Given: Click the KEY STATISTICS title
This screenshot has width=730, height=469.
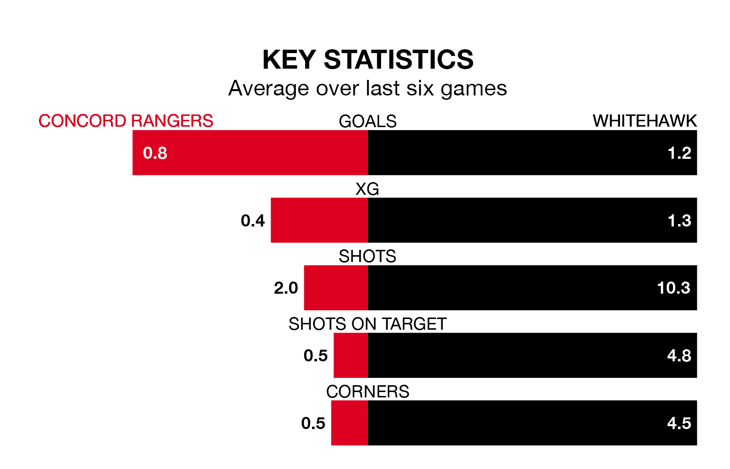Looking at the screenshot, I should pos(367,60).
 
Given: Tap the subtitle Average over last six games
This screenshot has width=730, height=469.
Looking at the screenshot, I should pos(367,89).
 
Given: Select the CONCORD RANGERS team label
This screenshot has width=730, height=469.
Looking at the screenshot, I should pos(126,121).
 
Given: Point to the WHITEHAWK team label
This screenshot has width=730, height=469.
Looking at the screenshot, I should pos(644,121).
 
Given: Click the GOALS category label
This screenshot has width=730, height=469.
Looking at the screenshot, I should pos(367,121).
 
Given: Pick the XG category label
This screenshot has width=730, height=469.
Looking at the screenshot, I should pos(367,189).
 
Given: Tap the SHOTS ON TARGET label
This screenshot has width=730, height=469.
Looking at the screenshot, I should pos(367,324).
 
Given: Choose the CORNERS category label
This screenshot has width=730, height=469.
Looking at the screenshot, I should pos(367,392).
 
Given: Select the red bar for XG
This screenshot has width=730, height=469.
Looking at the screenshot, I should pos(319,220).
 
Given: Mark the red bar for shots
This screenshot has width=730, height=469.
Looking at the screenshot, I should pos(336,288).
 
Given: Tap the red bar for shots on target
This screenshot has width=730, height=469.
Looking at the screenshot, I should pos(350,356).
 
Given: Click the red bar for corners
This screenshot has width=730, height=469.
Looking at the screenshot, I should pos(349,423).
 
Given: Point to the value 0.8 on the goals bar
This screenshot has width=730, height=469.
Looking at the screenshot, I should pos(155,153).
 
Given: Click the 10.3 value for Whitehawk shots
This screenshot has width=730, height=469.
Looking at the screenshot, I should pos(674,288).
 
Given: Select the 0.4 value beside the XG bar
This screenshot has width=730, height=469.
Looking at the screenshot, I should pos(253,221).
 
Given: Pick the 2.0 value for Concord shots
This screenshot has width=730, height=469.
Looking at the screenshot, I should pos(286,288).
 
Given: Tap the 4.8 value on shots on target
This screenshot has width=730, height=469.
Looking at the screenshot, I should pos(679,356).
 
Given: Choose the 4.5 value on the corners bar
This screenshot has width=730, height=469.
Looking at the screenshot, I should pos(679,423).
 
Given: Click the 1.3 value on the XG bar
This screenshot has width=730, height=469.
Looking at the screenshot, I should pos(679,221).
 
